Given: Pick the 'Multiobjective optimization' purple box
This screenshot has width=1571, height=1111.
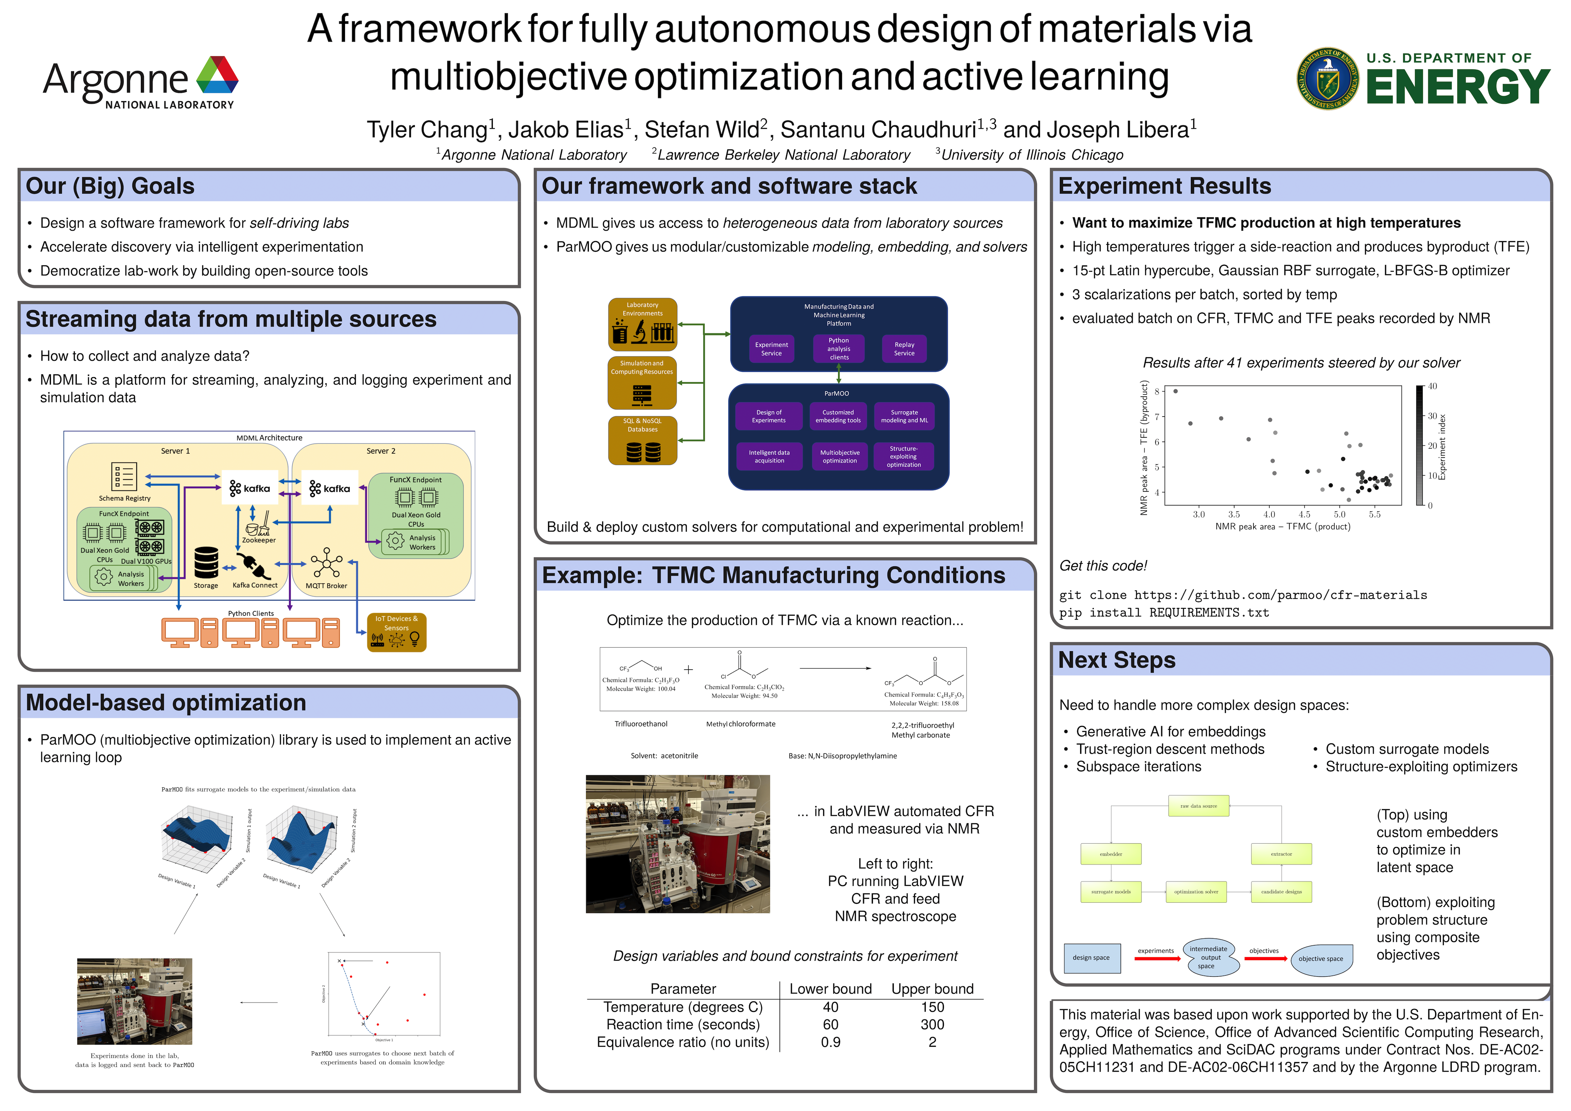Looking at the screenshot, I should [x=840, y=457].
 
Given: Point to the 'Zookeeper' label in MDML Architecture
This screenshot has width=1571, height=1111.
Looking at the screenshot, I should [x=259, y=540].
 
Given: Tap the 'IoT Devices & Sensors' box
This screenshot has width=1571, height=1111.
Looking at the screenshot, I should [x=396, y=632].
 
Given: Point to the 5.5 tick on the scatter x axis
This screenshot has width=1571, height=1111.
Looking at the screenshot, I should [x=1375, y=515].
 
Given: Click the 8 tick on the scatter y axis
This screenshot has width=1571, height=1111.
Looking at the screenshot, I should [x=1157, y=391].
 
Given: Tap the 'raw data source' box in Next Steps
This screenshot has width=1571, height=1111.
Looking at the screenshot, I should [x=1199, y=806].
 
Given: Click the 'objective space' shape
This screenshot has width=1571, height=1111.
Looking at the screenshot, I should [x=1321, y=959].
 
